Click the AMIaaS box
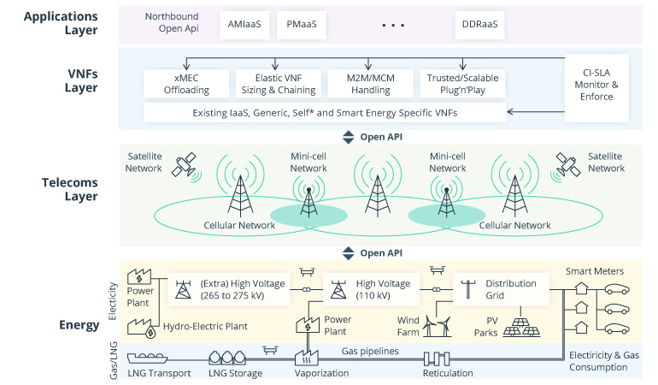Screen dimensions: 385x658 (242, 25)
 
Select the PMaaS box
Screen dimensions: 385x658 (302, 25)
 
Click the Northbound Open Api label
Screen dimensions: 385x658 (172, 24)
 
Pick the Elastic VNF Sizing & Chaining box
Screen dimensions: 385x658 (271, 84)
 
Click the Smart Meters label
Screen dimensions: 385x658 (595, 271)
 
